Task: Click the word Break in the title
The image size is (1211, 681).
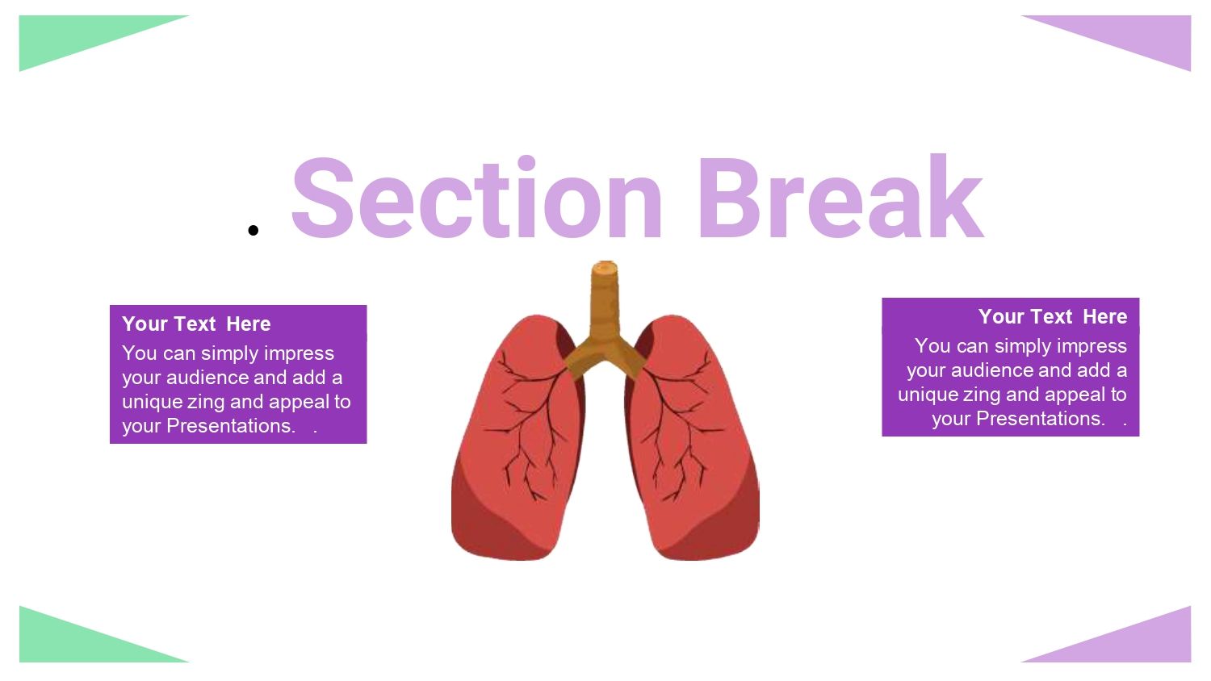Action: tap(840, 196)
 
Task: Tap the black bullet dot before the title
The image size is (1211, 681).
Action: tap(253, 230)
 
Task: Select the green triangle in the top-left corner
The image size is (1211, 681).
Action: tap(76, 38)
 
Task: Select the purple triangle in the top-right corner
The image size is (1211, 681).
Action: tap(1135, 38)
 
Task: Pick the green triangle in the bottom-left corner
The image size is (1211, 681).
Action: tap(76, 641)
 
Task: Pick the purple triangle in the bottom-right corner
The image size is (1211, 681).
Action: tap(1135, 641)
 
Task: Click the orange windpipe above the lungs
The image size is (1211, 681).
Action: tap(605, 319)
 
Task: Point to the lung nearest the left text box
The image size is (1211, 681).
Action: tap(517, 438)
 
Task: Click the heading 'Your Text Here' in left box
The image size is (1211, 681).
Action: tap(196, 324)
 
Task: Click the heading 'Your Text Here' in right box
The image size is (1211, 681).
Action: tap(1053, 316)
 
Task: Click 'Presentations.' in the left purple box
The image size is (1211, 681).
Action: tap(231, 426)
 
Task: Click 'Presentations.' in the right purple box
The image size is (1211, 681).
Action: tap(1041, 418)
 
